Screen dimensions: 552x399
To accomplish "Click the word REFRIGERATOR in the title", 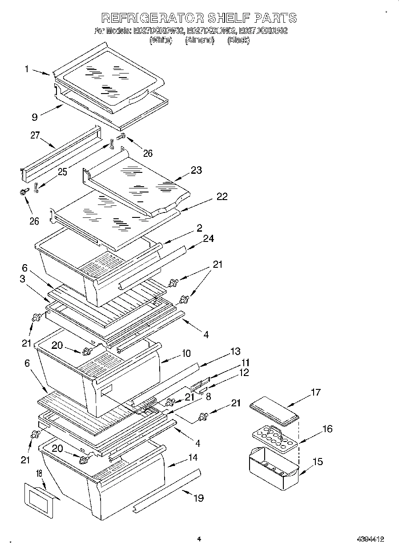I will pyautogui.click(x=152, y=18).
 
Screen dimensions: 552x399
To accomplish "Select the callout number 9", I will pyautogui.click(x=35, y=117).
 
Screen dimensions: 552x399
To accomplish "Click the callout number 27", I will pyautogui.click(x=35, y=135).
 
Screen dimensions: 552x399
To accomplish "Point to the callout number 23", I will pyautogui.click(x=196, y=170).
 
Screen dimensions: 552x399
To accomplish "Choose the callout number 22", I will pyautogui.click(x=222, y=196).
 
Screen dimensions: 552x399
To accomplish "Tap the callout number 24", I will pyautogui.click(x=208, y=239).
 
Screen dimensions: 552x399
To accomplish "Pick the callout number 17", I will pyautogui.click(x=315, y=393).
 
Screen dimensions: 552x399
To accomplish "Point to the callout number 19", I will pyautogui.click(x=198, y=498).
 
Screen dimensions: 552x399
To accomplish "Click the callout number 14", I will pyautogui.click(x=193, y=457).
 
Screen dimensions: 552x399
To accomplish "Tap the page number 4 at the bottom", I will pyautogui.click(x=199, y=539).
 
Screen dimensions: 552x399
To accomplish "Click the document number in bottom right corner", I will pyautogui.click(x=370, y=539).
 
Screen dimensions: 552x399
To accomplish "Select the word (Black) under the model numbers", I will pyautogui.click(x=238, y=41).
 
